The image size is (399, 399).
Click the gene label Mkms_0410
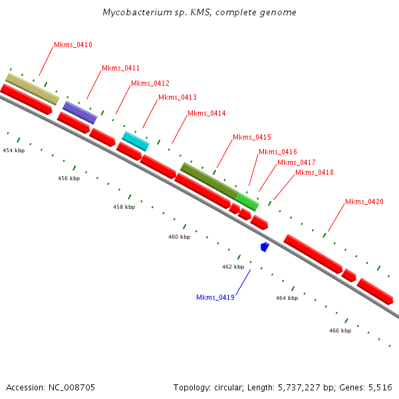72,45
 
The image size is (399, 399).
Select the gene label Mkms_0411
120,68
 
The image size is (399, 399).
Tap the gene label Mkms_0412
150,84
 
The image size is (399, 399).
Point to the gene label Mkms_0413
177,98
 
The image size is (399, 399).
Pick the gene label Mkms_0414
206,114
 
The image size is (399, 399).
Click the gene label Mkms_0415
251,138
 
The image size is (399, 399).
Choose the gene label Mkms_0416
277,152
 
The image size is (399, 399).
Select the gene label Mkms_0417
296,163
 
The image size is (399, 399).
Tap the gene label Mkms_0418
314,173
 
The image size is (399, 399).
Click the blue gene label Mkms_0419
215,297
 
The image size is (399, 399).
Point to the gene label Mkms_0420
364,202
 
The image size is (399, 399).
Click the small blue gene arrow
265,247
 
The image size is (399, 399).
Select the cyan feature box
136,140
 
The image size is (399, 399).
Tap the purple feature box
80,112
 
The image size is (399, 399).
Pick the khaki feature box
32,88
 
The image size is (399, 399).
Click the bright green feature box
247,201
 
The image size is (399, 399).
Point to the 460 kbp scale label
179,237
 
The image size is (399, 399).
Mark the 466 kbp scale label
340,331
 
